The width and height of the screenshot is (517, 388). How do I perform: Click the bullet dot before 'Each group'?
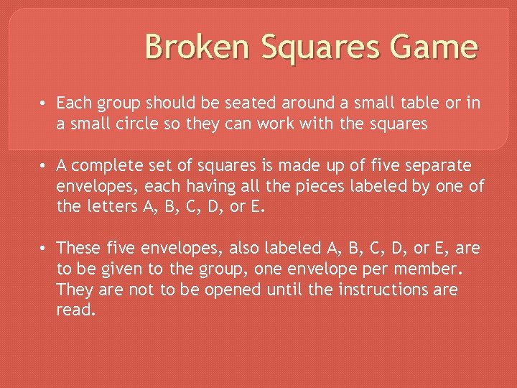[45, 103]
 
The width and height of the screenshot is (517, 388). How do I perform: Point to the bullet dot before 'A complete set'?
[45, 166]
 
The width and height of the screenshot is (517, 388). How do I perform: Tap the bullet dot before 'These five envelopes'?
[45, 248]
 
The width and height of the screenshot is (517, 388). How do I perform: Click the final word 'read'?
[75, 310]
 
